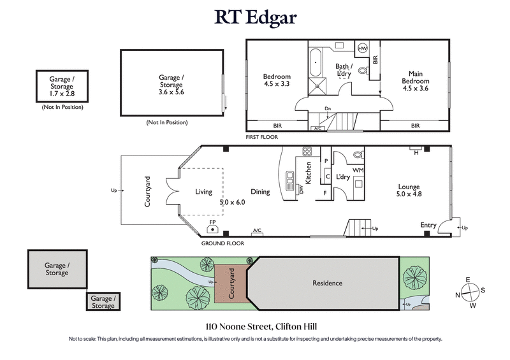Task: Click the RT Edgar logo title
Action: click(254, 17)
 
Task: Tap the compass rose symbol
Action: click(469, 294)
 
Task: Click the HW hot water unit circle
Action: click(362, 48)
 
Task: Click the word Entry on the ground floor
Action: click(428, 225)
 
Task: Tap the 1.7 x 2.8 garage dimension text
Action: click(62, 94)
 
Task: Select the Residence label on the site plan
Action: click(326, 283)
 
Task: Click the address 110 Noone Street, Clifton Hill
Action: click(254, 325)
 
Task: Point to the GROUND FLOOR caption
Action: click(220, 243)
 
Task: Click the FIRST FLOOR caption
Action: click(262, 137)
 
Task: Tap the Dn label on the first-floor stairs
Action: click(328, 109)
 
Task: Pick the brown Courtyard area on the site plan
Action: click(228, 284)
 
